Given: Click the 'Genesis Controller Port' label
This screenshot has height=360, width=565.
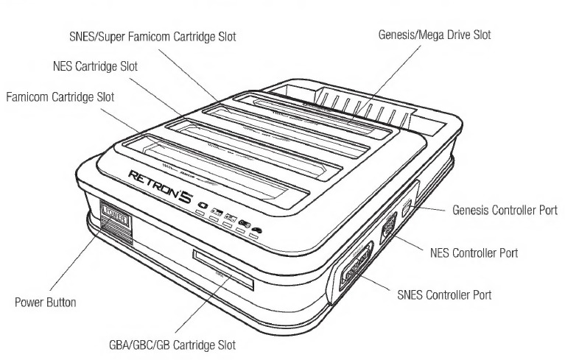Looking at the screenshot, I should pos(505,210).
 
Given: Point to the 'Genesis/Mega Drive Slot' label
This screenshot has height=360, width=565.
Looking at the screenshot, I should pos(434,34).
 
